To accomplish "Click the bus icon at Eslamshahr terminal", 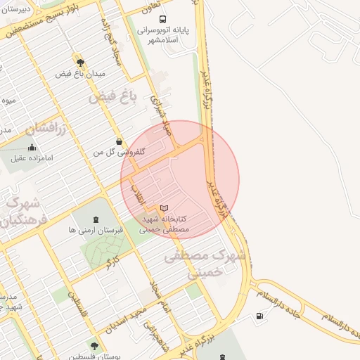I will click(x=163, y=19).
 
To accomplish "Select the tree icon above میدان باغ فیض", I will click(x=80, y=61).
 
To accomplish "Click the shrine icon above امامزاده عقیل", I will click(x=32, y=148).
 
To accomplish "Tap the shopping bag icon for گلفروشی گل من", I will click(x=119, y=141).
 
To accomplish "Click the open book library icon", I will click(x=164, y=209).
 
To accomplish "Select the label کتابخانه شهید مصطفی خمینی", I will click(x=166, y=224).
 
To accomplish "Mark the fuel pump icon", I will click(x=262, y=316).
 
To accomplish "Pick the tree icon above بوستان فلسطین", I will click(x=94, y=346).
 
